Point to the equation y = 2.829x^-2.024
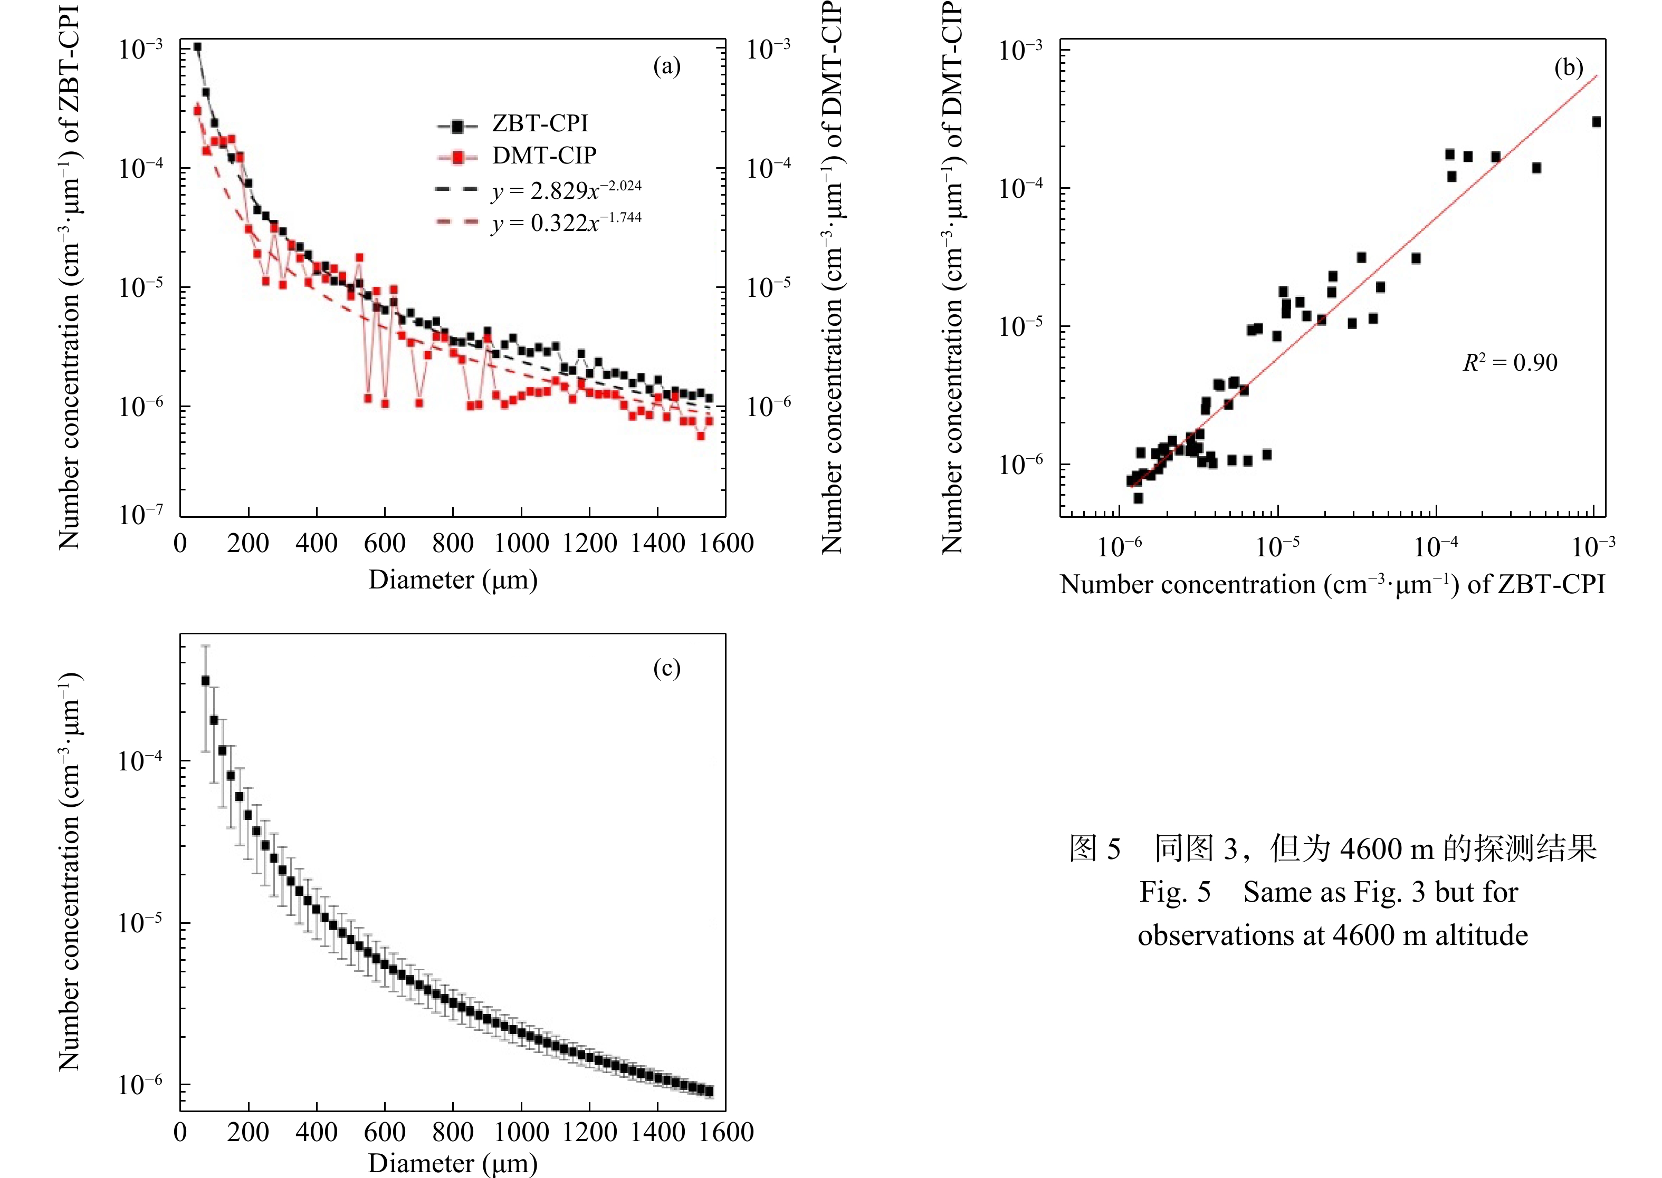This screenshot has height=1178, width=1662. (566, 190)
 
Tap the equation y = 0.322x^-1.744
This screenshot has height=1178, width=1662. (566, 222)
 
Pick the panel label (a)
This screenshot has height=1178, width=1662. (666, 67)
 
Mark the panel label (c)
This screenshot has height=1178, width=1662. (666, 668)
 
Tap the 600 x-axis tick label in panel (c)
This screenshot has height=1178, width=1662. (385, 1132)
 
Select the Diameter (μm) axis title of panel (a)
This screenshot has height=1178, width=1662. (453, 580)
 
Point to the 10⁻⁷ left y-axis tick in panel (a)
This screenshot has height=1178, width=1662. (141, 514)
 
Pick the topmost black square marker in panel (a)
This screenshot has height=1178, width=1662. (197, 47)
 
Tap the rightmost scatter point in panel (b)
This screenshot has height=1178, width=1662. (1596, 122)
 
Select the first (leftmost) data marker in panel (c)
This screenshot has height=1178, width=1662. (205, 680)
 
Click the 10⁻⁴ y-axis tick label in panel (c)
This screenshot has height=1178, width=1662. (141, 760)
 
